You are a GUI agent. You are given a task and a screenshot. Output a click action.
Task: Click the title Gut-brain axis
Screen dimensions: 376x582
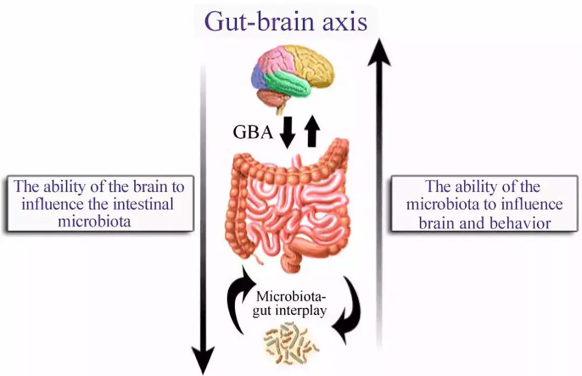pyautogui.click(x=286, y=23)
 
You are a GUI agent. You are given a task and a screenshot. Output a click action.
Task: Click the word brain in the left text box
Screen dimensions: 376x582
pyautogui.click(x=143, y=187)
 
